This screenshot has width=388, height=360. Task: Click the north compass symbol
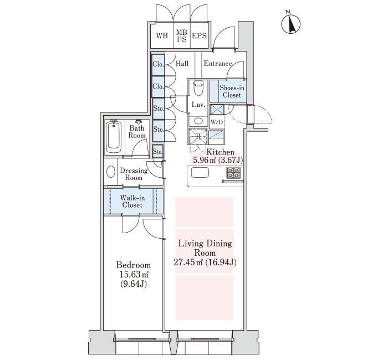(x=291, y=23)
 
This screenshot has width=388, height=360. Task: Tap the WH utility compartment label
(x=162, y=36)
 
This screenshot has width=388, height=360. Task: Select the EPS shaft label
(x=199, y=36)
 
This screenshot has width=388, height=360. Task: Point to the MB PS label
(x=182, y=35)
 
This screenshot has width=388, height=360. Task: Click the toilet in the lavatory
(x=198, y=88)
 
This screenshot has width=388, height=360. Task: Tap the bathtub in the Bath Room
(x=114, y=137)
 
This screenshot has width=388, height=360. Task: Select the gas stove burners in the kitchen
(x=233, y=173)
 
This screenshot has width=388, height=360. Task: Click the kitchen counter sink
(x=200, y=172)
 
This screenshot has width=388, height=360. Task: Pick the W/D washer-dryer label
(x=217, y=122)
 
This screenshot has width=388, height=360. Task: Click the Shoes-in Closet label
(x=232, y=91)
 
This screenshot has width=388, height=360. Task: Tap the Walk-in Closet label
(x=132, y=201)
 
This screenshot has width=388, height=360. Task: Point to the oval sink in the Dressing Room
(x=111, y=172)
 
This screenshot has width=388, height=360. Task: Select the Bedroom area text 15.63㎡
(x=134, y=275)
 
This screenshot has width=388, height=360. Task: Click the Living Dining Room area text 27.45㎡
(x=188, y=262)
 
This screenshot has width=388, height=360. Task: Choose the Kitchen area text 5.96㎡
(x=205, y=160)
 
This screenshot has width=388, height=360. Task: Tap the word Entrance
(x=218, y=64)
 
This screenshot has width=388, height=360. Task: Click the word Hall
(x=182, y=64)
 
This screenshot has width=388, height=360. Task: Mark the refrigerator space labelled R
(x=198, y=136)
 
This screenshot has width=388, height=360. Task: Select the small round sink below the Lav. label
(x=198, y=121)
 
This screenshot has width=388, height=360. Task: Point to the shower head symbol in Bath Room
(x=139, y=122)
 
